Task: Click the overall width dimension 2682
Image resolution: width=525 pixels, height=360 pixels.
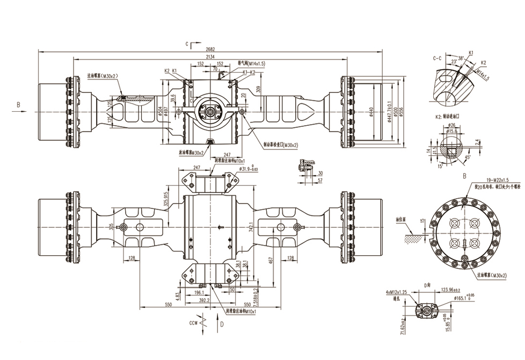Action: click(x=210, y=48)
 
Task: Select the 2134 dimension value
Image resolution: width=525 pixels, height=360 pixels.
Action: click(x=210, y=56)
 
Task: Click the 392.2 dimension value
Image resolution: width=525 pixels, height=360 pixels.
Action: click(x=204, y=300)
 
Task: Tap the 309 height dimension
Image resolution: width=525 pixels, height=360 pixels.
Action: click(x=259, y=89)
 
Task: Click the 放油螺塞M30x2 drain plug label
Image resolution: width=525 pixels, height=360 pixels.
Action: click(x=191, y=152)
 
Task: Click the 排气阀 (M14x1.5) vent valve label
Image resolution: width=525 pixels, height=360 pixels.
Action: click(x=251, y=63)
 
